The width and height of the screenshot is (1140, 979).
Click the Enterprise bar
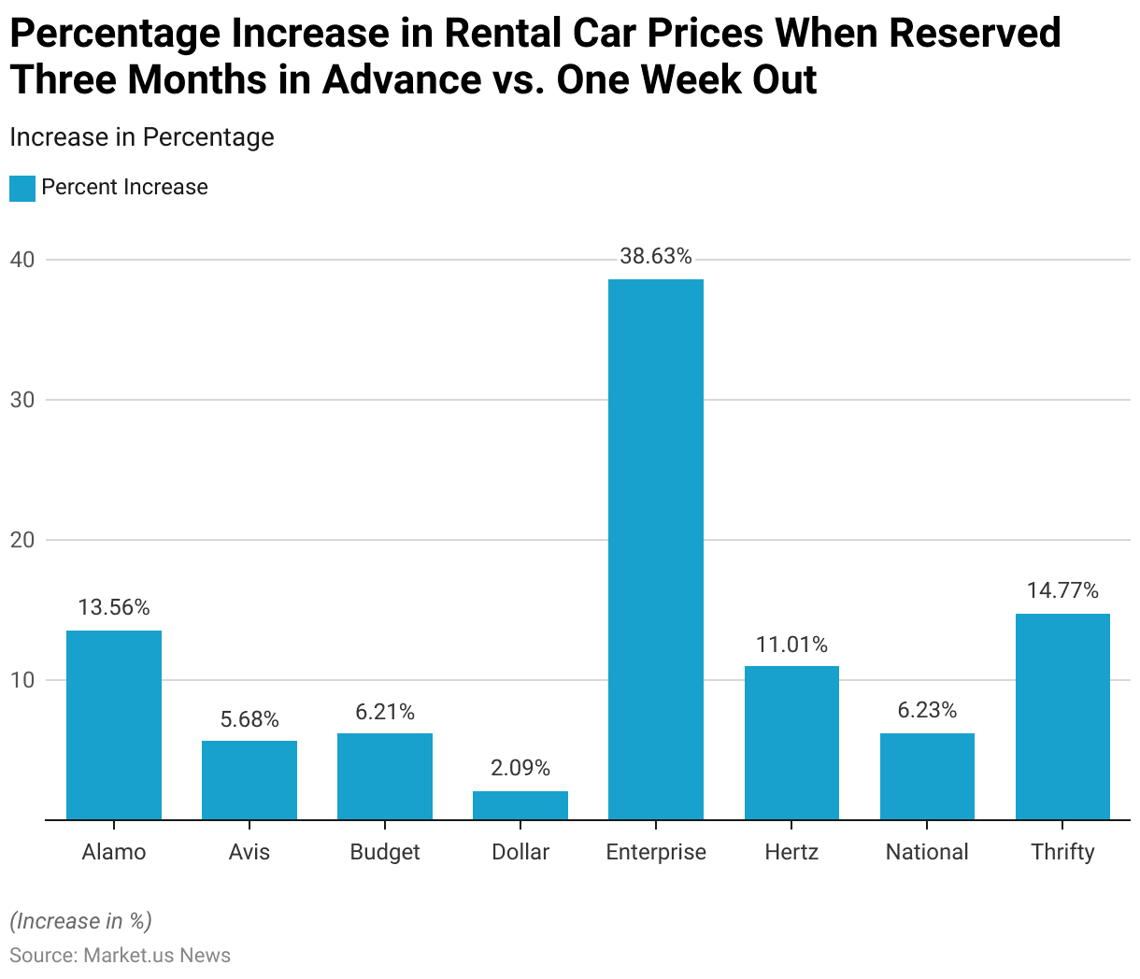655,549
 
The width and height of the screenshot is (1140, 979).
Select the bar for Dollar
520,805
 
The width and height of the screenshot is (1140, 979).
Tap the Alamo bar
114,725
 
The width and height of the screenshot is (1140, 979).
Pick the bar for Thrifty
1062,717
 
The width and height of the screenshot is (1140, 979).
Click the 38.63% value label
655,257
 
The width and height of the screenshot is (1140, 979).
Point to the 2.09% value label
520,769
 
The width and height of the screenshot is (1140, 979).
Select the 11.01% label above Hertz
791,645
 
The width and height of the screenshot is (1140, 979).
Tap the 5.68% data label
249,719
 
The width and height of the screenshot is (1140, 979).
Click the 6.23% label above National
927,711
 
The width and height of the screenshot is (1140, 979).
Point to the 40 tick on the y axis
22,260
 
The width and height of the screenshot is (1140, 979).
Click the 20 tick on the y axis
22,540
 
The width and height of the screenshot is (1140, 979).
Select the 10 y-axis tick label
22,680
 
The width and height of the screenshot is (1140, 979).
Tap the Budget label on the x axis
385,852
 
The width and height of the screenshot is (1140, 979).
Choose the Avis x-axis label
249,852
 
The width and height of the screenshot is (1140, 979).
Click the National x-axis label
927,852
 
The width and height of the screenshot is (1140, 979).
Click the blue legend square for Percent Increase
22,188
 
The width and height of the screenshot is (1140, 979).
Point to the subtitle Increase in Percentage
142,137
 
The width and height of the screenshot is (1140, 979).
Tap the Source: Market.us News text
120,955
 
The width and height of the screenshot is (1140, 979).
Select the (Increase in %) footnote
80,921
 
